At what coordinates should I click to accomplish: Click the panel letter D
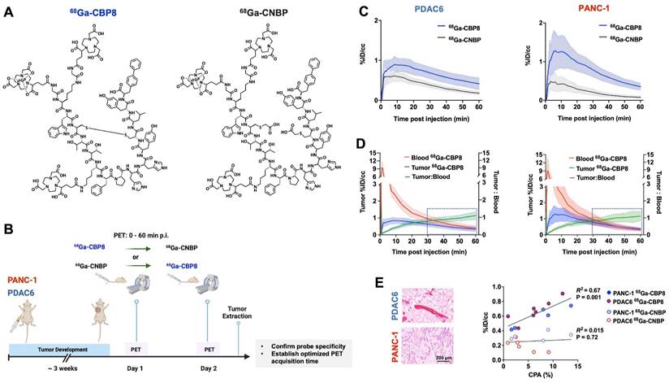[x=363, y=144]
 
